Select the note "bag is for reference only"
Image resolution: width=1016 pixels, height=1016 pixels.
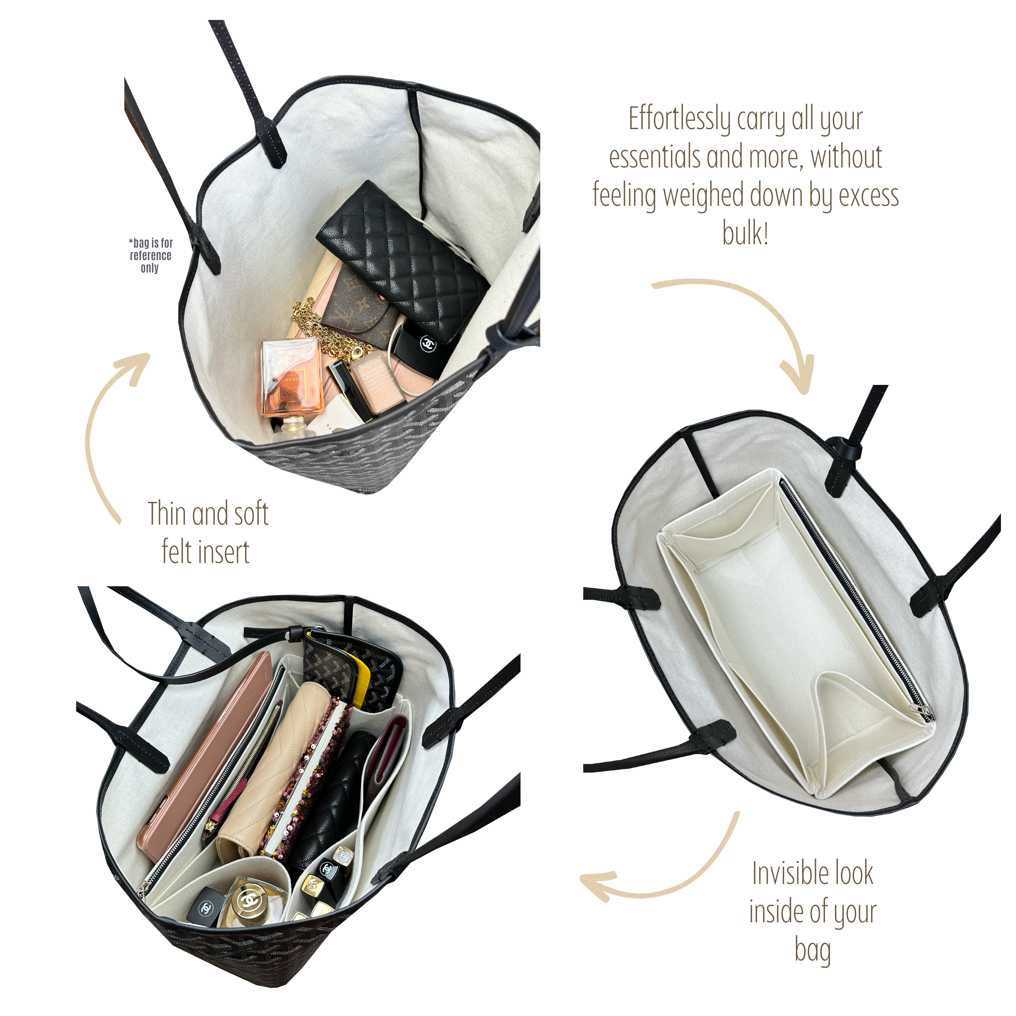(150, 256)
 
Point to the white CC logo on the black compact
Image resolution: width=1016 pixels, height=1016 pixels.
(429, 344)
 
